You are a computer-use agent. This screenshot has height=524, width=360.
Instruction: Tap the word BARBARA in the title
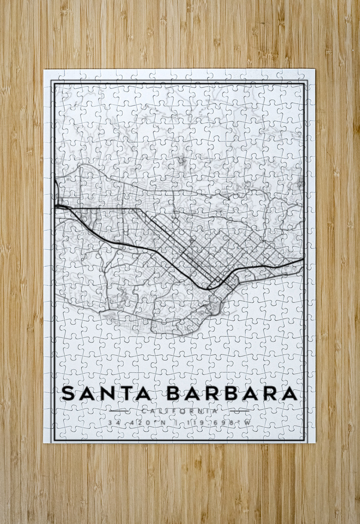click(232, 394)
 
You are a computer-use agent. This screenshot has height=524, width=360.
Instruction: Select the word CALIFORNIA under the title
click(180, 412)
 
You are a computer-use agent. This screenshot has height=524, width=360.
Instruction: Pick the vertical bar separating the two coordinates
click(176, 423)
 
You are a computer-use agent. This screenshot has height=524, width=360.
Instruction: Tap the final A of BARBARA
click(290, 394)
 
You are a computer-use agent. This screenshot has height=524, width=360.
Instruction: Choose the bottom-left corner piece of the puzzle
click(51, 436)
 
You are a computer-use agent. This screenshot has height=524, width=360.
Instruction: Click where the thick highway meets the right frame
click(303, 259)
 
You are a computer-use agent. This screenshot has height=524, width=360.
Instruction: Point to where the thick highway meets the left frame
click(55, 207)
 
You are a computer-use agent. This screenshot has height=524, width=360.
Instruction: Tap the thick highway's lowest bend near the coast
click(209, 289)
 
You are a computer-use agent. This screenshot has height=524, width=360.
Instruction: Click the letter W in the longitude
click(247, 423)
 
